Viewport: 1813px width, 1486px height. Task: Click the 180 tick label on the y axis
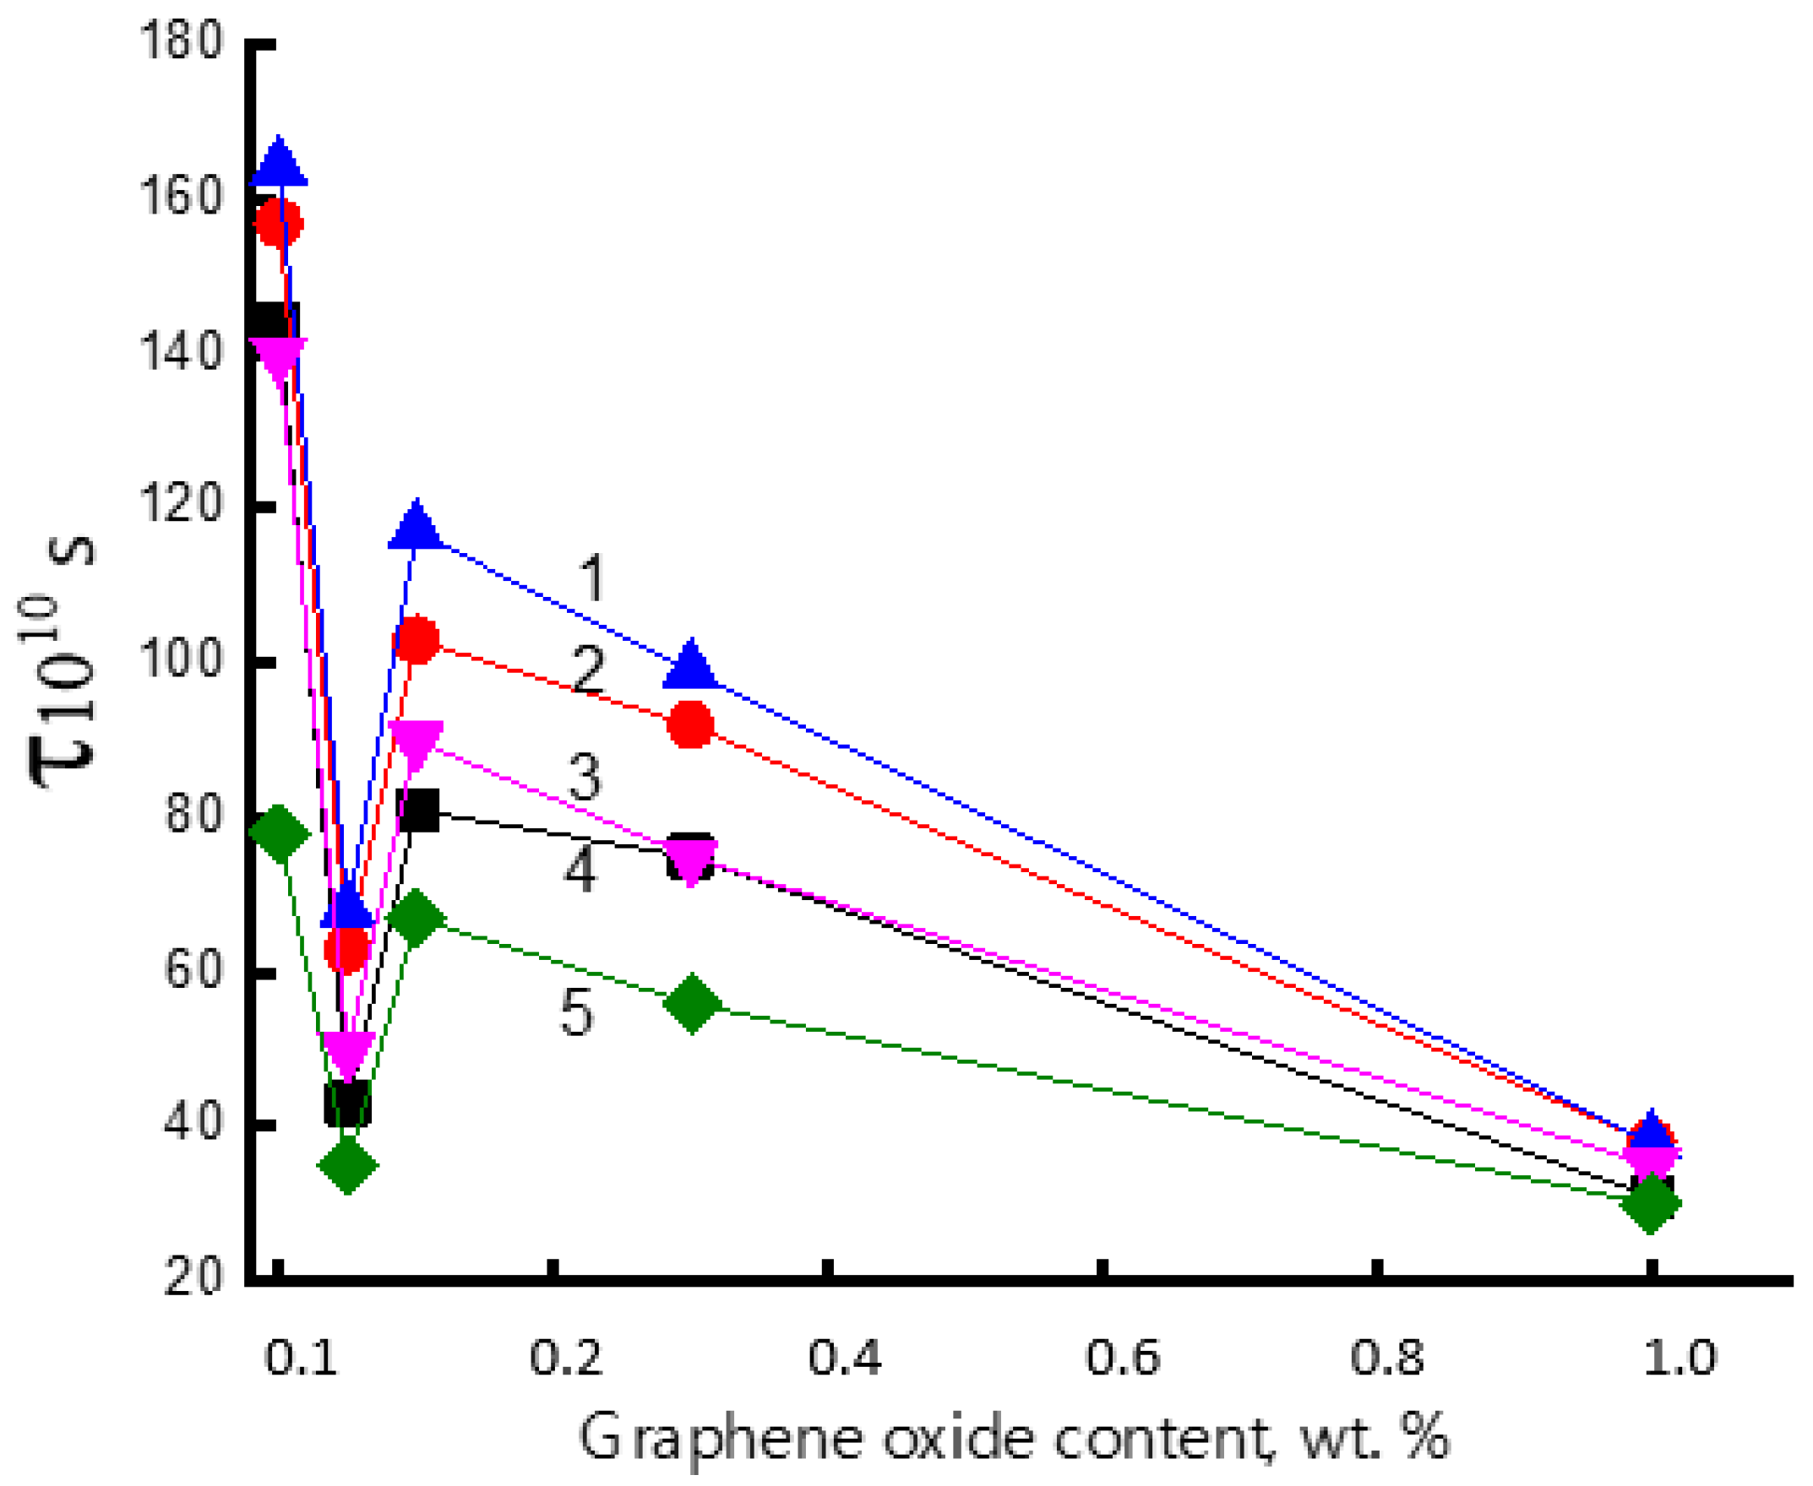181,41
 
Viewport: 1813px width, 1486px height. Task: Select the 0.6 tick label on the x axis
1123,1358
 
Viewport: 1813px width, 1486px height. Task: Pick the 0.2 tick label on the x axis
566,1358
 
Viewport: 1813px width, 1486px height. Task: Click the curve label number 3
585,778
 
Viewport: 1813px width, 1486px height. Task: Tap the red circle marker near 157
278,223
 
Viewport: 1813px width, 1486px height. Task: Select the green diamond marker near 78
279,832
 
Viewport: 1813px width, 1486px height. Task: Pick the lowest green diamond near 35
347,1165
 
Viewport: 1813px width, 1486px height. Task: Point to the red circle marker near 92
690,725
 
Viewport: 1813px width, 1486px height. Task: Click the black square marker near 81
419,811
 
